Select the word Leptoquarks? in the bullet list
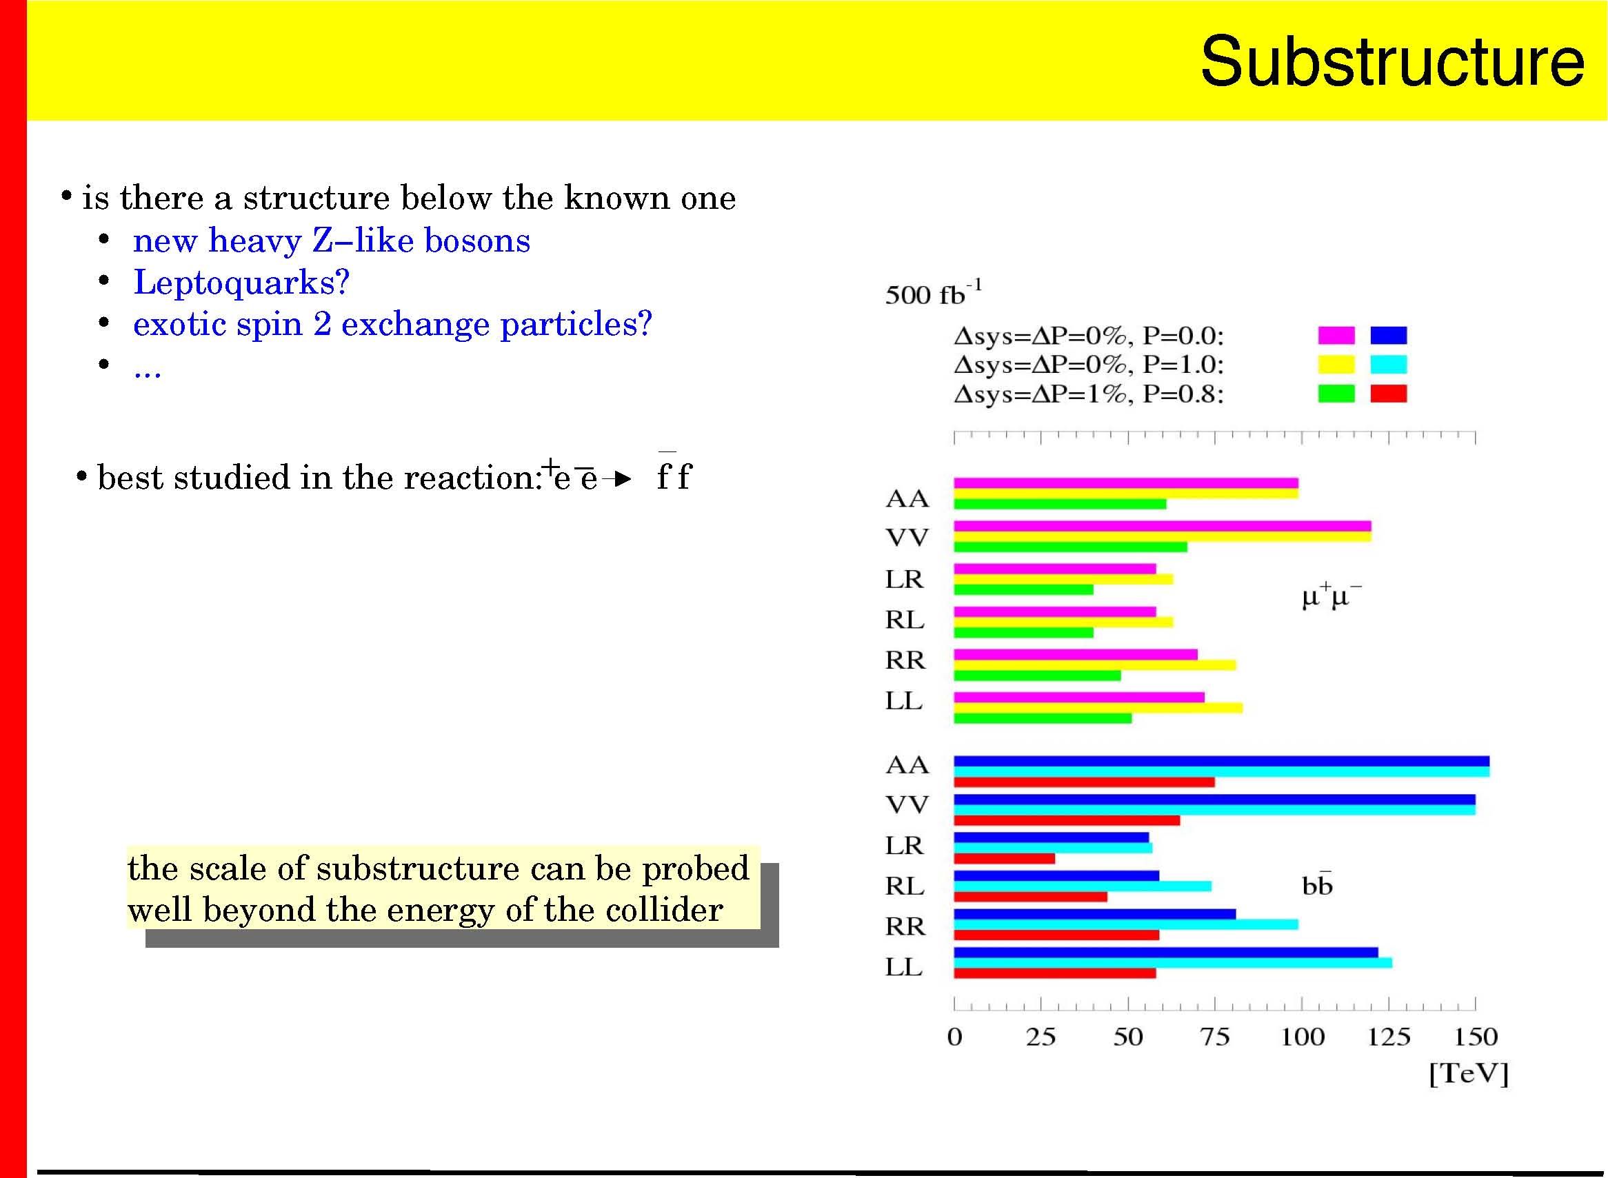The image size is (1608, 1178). pyautogui.click(x=241, y=283)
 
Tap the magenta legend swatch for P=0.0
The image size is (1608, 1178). pyautogui.click(x=1336, y=335)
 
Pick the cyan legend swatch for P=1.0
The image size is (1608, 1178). pyautogui.click(x=1388, y=365)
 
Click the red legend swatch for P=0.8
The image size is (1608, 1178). pyautogui.click(x=1388, y=394)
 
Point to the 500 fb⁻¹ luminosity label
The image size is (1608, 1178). pyautogui.click(x=933, y=292)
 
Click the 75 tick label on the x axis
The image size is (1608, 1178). pyautogui.click(x=1215, y=1037)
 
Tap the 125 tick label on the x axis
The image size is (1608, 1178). pyautogui.click(x=1388, y=1037)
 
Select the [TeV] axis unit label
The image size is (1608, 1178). pyautogui.click(x=1469, y=1074)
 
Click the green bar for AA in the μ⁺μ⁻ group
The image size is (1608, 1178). pyautogui.click(x=1060, y=504)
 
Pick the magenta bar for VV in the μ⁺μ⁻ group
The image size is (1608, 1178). pyautogui.click(x=1162, y=525)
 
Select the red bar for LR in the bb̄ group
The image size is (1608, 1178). pyautogui.click(x=1005, y=859)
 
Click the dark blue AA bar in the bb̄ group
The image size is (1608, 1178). pyautogui.click(x=1221, y=761)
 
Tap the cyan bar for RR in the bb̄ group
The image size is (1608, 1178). pyautogui.click(x=1126, y=924)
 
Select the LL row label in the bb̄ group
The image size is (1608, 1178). pyautogui.click(x=904, y=967)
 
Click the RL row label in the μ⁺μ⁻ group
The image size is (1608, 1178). pyautogui.click(x=905, y=620)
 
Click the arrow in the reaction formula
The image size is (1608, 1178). pyautogui.click(x=617, y=478)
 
